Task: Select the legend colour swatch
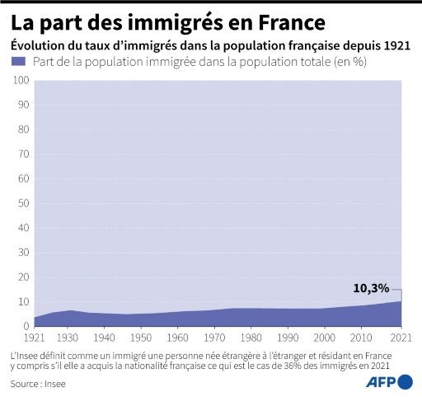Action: (x=17, y=63)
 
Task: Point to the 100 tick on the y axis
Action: (x=21, y=80)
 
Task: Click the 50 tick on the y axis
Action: (x=24, y=203)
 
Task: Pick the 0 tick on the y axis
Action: (x=26, y=326)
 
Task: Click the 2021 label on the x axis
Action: (x=401, y=338)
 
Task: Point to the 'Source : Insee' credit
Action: (x=37, y=384)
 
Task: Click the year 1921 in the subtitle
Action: (x=396, y=45)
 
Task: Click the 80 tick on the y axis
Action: (x=24, y=130)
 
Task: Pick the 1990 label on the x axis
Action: (x=288, y=338)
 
